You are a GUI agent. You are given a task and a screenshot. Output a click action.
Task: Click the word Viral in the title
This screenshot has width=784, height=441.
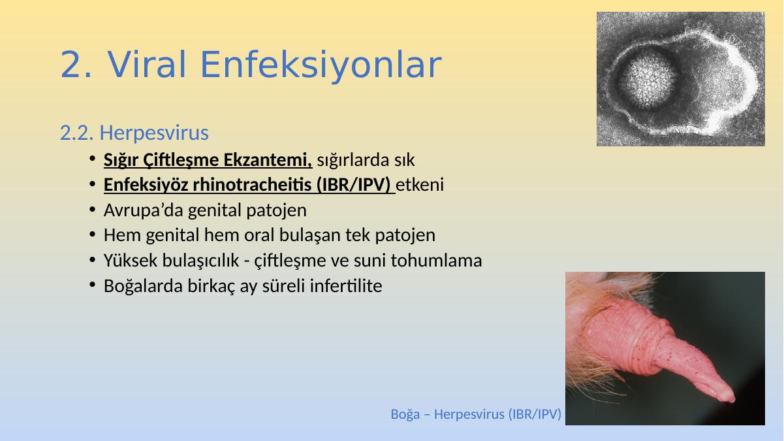[147, 65]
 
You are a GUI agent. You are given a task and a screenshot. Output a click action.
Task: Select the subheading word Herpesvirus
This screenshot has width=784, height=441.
[154, 133]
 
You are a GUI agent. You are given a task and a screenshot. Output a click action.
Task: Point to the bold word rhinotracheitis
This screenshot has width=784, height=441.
[252, 185]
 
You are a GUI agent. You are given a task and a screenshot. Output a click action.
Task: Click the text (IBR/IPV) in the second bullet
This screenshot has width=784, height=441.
[354, 185]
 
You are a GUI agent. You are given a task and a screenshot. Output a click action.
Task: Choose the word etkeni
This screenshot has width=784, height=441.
[420, 185]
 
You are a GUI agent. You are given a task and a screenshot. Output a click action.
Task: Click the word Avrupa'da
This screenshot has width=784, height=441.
[144, 210]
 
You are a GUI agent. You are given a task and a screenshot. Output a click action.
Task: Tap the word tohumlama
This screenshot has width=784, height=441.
[437, 261]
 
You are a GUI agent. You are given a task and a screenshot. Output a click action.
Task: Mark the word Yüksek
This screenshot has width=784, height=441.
[130, 261]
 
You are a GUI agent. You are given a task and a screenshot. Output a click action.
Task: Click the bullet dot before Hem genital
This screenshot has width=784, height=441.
[93, 235]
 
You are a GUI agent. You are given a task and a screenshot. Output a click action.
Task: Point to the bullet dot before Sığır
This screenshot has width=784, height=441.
[93, 159]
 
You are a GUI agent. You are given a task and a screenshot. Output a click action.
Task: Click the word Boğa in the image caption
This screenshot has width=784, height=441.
[405, 414]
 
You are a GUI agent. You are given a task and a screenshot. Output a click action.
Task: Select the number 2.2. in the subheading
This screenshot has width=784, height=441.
[77, 133]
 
